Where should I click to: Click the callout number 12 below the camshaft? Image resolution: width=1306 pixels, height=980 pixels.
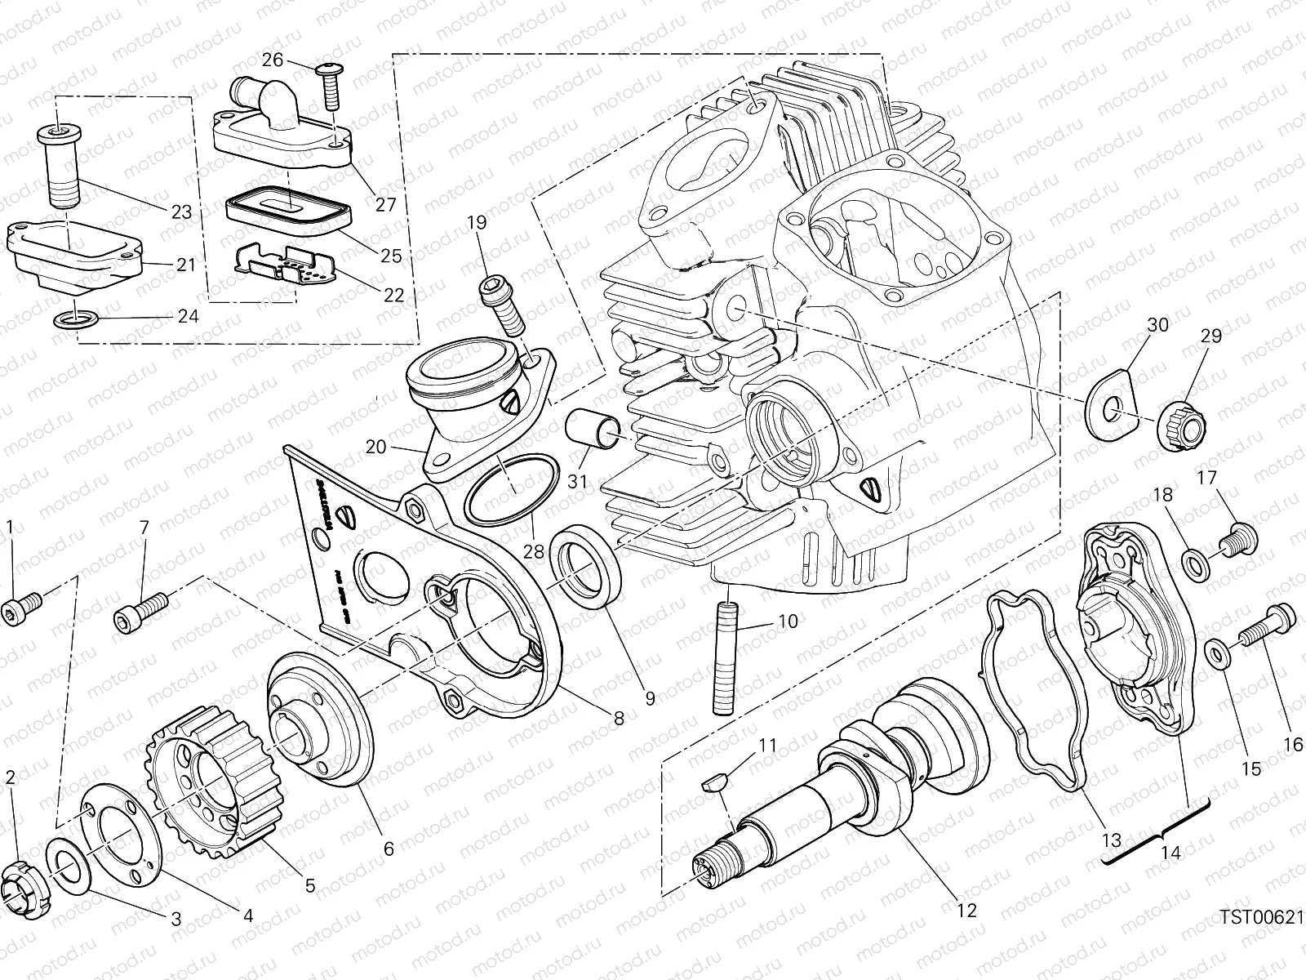[966, 910]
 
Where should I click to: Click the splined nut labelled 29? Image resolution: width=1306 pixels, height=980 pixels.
[1179, 425]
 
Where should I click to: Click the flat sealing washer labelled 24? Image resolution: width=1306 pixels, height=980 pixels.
[77, 319]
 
